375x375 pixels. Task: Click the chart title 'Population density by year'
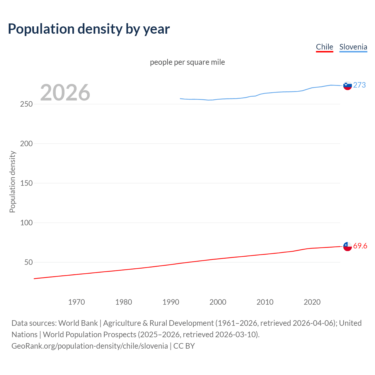[89, 29]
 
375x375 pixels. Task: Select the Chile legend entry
[324, 47]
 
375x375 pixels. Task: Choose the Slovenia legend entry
[353, 47]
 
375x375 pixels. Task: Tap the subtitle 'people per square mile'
[187, 62]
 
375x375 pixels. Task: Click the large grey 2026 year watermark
[65, 93]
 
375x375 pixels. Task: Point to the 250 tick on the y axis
[26, 104]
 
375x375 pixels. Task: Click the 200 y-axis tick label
[26, 144]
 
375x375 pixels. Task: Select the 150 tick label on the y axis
[26, 183]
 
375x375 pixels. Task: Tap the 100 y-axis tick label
[26, 223]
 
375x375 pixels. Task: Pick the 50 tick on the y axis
[28, 262]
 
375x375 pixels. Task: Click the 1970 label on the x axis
[76, 302]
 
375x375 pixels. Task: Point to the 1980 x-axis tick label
[124, 302]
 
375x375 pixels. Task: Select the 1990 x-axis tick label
[171, 302]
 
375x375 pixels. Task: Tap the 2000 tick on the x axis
[218, 302]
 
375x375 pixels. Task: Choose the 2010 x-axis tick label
[265, 302]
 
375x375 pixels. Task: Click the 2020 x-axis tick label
[312, 302]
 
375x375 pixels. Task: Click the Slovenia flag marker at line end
[347, 86]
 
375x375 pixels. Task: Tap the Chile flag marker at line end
[347, 246]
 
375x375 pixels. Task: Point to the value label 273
[359, 85]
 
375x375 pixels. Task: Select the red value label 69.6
[360, 246]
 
